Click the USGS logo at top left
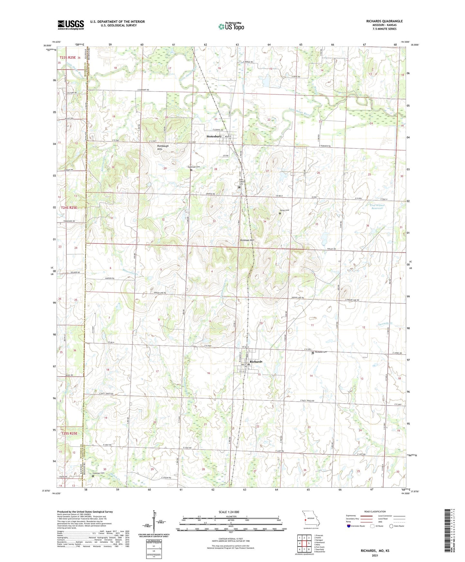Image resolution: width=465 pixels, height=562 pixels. coord(70,25)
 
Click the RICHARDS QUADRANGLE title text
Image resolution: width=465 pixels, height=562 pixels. coord(384,21)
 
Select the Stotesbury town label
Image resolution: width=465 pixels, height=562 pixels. coord(214,136)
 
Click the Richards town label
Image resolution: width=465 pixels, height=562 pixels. coord(256,361)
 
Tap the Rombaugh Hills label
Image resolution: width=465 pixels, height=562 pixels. coord(163,147)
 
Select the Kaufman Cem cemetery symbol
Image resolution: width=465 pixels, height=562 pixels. coord(191,170)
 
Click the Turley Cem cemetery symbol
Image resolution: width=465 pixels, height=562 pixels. coord(280,213)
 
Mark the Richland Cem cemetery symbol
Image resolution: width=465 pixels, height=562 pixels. coord(313,353)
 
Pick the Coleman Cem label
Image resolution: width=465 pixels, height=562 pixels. coord(98,473)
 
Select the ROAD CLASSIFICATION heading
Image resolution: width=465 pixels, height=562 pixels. coord(375,511)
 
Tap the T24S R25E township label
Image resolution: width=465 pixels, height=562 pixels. coord(69,208)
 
